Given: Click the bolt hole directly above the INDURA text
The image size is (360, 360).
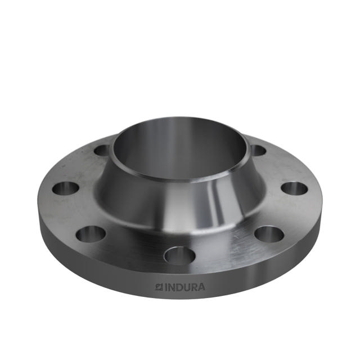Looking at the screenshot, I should coord(179,255).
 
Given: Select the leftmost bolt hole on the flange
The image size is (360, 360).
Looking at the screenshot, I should coord(65,188).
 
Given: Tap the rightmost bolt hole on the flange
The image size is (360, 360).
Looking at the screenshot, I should coord(294,188).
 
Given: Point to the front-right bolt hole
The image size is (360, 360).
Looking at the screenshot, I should coord(268,233).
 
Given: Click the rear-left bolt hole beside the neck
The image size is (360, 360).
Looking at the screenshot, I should coord(102,150).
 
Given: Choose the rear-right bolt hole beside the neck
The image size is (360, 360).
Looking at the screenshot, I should coord(257,150).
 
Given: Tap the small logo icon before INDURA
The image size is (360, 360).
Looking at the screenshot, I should coord(159,287).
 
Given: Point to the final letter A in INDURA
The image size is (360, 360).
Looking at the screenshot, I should coord(201,287).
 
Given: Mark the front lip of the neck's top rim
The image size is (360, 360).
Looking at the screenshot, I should coord(180,179).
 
